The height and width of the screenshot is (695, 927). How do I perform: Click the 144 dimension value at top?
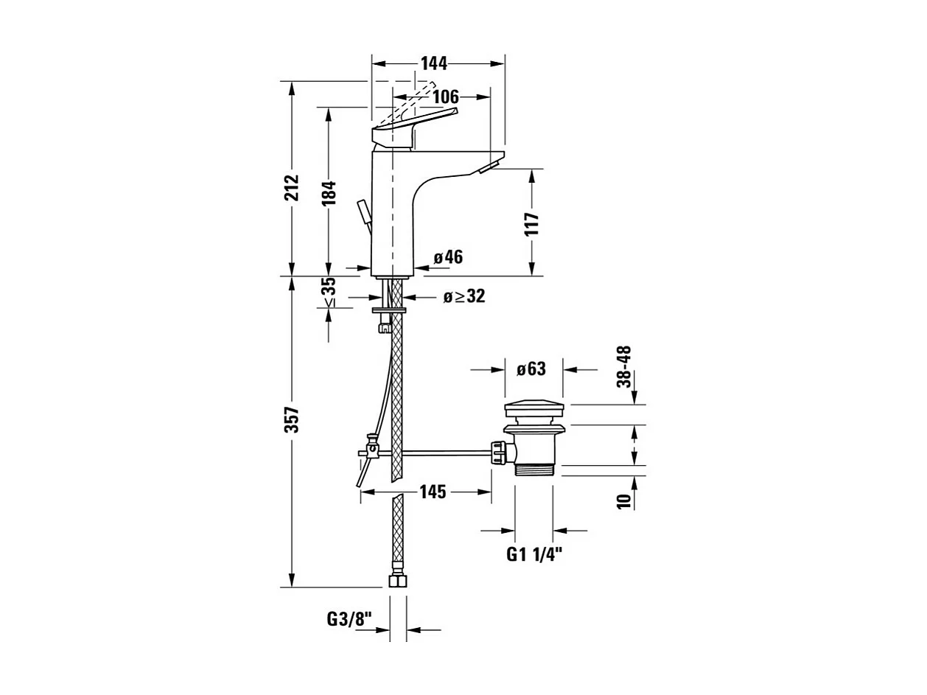[434, 63]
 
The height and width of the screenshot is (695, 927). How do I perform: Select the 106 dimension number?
[445, 97]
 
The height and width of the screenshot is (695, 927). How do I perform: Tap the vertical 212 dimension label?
[293, 188]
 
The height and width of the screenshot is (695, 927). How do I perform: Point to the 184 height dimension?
[329, 192]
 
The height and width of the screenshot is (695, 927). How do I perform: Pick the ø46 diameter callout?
[448, 257]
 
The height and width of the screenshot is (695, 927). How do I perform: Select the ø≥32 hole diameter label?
[464, 297]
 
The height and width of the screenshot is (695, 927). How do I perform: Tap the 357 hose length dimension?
[293, 419]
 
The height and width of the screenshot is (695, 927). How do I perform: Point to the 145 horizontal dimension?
[433, 492]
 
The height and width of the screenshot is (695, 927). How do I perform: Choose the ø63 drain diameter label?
[531, 369]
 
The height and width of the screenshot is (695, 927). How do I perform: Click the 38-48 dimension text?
[624, 366]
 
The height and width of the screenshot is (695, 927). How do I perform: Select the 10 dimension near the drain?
[624, 502]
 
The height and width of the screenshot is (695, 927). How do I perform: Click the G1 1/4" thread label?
[535, 555]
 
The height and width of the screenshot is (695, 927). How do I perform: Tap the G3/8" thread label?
[350, 619]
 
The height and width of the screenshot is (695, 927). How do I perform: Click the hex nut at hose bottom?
[398, 581]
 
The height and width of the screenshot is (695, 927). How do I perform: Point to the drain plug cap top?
[534, 408]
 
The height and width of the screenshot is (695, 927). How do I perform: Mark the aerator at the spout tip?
[488, 170]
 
